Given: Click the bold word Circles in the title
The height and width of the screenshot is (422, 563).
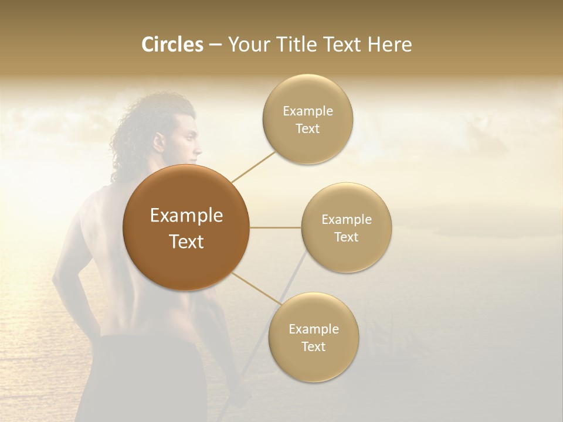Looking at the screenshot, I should (x=172, y=45).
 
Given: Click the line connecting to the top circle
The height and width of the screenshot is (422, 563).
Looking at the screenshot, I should (x=254, y=166).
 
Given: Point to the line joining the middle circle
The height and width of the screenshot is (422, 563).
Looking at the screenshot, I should (x=275, y=227).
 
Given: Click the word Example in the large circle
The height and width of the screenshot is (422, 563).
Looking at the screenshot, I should (x=186, y=216).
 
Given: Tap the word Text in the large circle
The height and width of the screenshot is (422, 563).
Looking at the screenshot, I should (x=186, y=241).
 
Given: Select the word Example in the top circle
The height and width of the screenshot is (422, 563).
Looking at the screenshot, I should (x=308, y=111).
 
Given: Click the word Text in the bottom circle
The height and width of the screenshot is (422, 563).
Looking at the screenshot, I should (x=314, y=346).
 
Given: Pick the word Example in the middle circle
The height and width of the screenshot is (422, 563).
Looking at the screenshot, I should (x=347, y=219).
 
